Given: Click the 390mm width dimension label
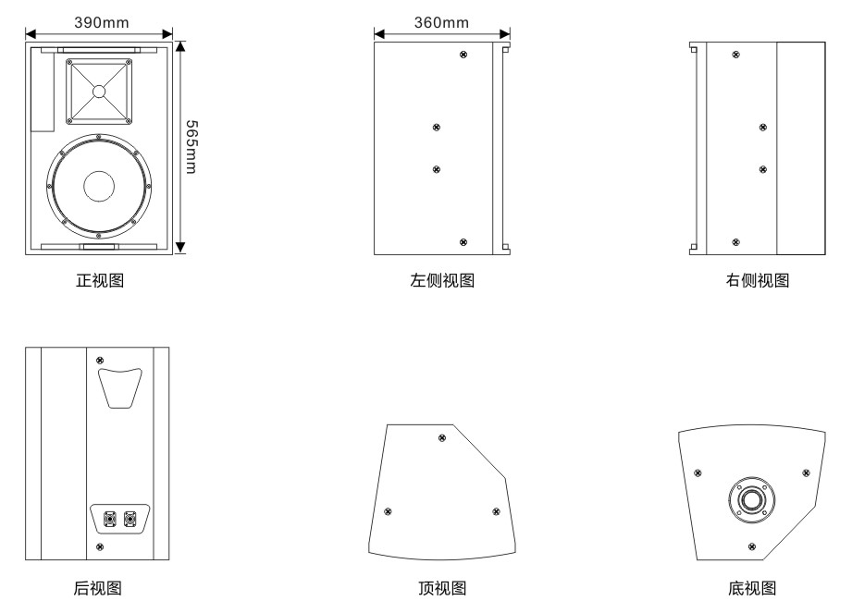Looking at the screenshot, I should coord(102,22).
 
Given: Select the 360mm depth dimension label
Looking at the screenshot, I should coord(440,22).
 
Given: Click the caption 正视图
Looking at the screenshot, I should coord(99,280).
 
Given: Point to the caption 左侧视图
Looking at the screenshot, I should coord(442,280).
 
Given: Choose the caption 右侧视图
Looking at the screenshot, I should coord(758,280).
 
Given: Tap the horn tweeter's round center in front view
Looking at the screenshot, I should coord(99,91).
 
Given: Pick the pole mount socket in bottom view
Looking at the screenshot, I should coord(751,500).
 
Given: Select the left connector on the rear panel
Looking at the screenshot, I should coord(110,520).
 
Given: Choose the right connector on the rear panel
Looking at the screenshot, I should coord(130,520).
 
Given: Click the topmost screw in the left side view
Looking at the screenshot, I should coord(463,55).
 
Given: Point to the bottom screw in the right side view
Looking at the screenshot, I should coord(735,242).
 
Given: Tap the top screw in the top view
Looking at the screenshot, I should coord(440,436).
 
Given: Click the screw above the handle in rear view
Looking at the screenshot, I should coord(100,360).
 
